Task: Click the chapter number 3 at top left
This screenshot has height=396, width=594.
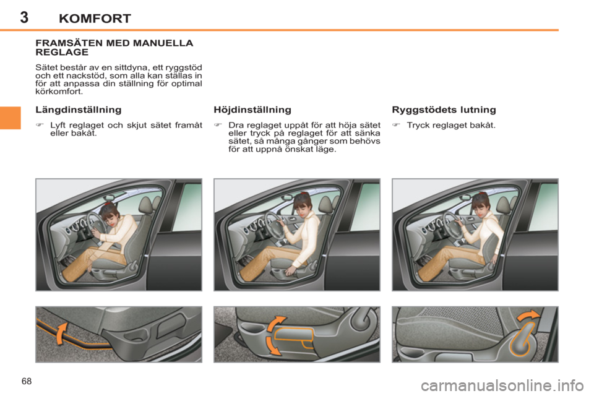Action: [x=24, y=17]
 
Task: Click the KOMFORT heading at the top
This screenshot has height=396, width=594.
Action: [x=95, y=18]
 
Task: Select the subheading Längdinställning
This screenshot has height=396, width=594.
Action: [x=78, y=110]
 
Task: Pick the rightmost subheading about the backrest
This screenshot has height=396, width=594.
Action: [x=444, y=110]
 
